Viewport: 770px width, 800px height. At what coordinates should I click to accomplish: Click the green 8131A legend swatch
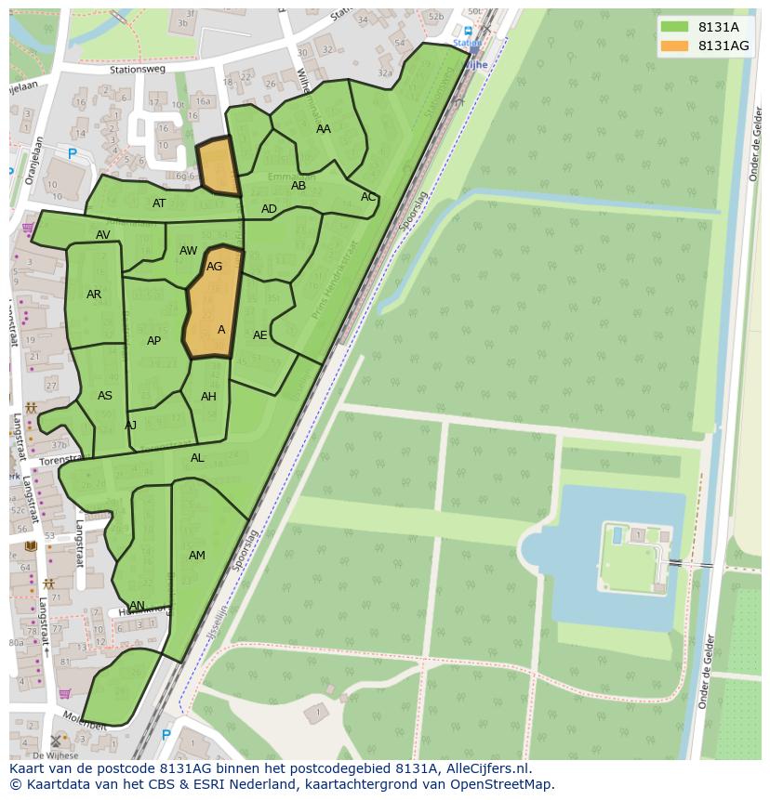pos(675,27)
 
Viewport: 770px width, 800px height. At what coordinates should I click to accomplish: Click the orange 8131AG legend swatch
pos(675,46)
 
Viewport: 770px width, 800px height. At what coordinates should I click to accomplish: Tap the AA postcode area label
pos(324,129)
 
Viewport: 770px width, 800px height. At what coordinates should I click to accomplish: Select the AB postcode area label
pos(299,186)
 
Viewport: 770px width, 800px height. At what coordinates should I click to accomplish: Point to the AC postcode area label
pos(368,197)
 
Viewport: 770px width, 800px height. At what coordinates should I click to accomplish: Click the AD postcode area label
pos(269,209)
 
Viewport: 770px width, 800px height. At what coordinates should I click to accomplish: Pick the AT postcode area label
pos(159,203)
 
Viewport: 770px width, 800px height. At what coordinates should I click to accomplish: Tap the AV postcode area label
pos(103,235)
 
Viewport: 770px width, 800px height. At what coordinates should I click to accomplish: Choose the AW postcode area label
pos(189,251)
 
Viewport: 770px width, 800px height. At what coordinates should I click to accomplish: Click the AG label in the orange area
pos(215,267)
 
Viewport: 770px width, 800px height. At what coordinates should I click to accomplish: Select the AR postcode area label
pos(94,295)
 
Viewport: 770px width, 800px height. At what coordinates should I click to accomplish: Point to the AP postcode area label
pos(154,341)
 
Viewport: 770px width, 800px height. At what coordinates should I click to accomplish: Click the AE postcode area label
pos(260,335)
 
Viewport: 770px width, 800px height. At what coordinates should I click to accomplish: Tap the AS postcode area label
pos(105,396)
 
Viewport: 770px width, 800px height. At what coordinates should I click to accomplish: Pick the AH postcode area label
pos(208,397)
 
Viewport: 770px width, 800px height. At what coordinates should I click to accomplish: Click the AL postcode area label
pos(197,458)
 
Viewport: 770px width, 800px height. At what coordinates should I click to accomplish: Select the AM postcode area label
pos(197,556)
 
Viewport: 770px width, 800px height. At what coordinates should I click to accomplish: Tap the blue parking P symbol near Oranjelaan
pos(72,154)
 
